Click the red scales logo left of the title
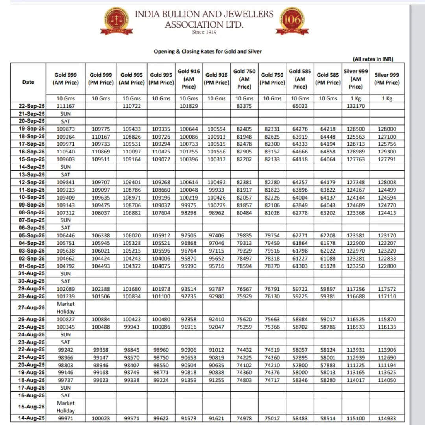(x=116, y=20)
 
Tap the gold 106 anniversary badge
(x=292, y=20)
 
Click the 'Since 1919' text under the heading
(x=204, y=32)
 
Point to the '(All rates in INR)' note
(x=373, y=59)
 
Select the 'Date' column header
(x=28, y=82)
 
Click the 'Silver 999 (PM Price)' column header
(x=387, y=79)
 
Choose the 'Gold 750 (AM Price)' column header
(x=244, y=79)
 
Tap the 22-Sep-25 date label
(x=31, y=106)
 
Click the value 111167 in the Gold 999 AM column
(x=65, y=106)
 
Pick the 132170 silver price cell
(x=355, y=106)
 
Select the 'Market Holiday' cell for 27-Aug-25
(x=65, y=308)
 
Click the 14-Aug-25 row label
(x=31, y=418)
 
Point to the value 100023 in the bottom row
(x=101, y=419)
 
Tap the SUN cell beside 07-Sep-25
(x=65, y=220)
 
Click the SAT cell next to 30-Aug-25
(x=65, y=281)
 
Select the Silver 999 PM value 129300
(x=387, y=152)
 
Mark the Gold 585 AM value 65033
(x=299, y=106)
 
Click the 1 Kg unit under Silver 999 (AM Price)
(x=355, y=98)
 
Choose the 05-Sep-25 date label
(x=31, y=235)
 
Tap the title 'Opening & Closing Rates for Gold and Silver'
(x=207, y=52)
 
